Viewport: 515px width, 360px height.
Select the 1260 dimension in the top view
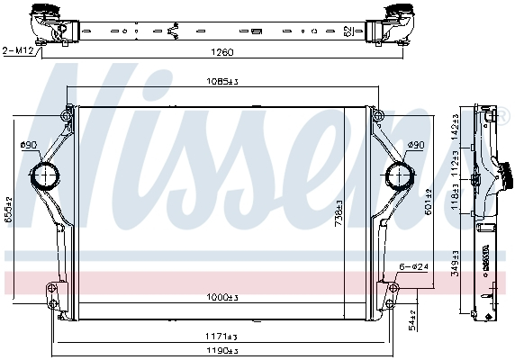pos(221,51)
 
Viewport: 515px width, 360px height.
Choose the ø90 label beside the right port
pos(415,144)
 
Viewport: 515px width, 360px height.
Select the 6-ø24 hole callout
pos(415,266)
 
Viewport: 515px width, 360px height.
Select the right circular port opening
pos(397,175)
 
